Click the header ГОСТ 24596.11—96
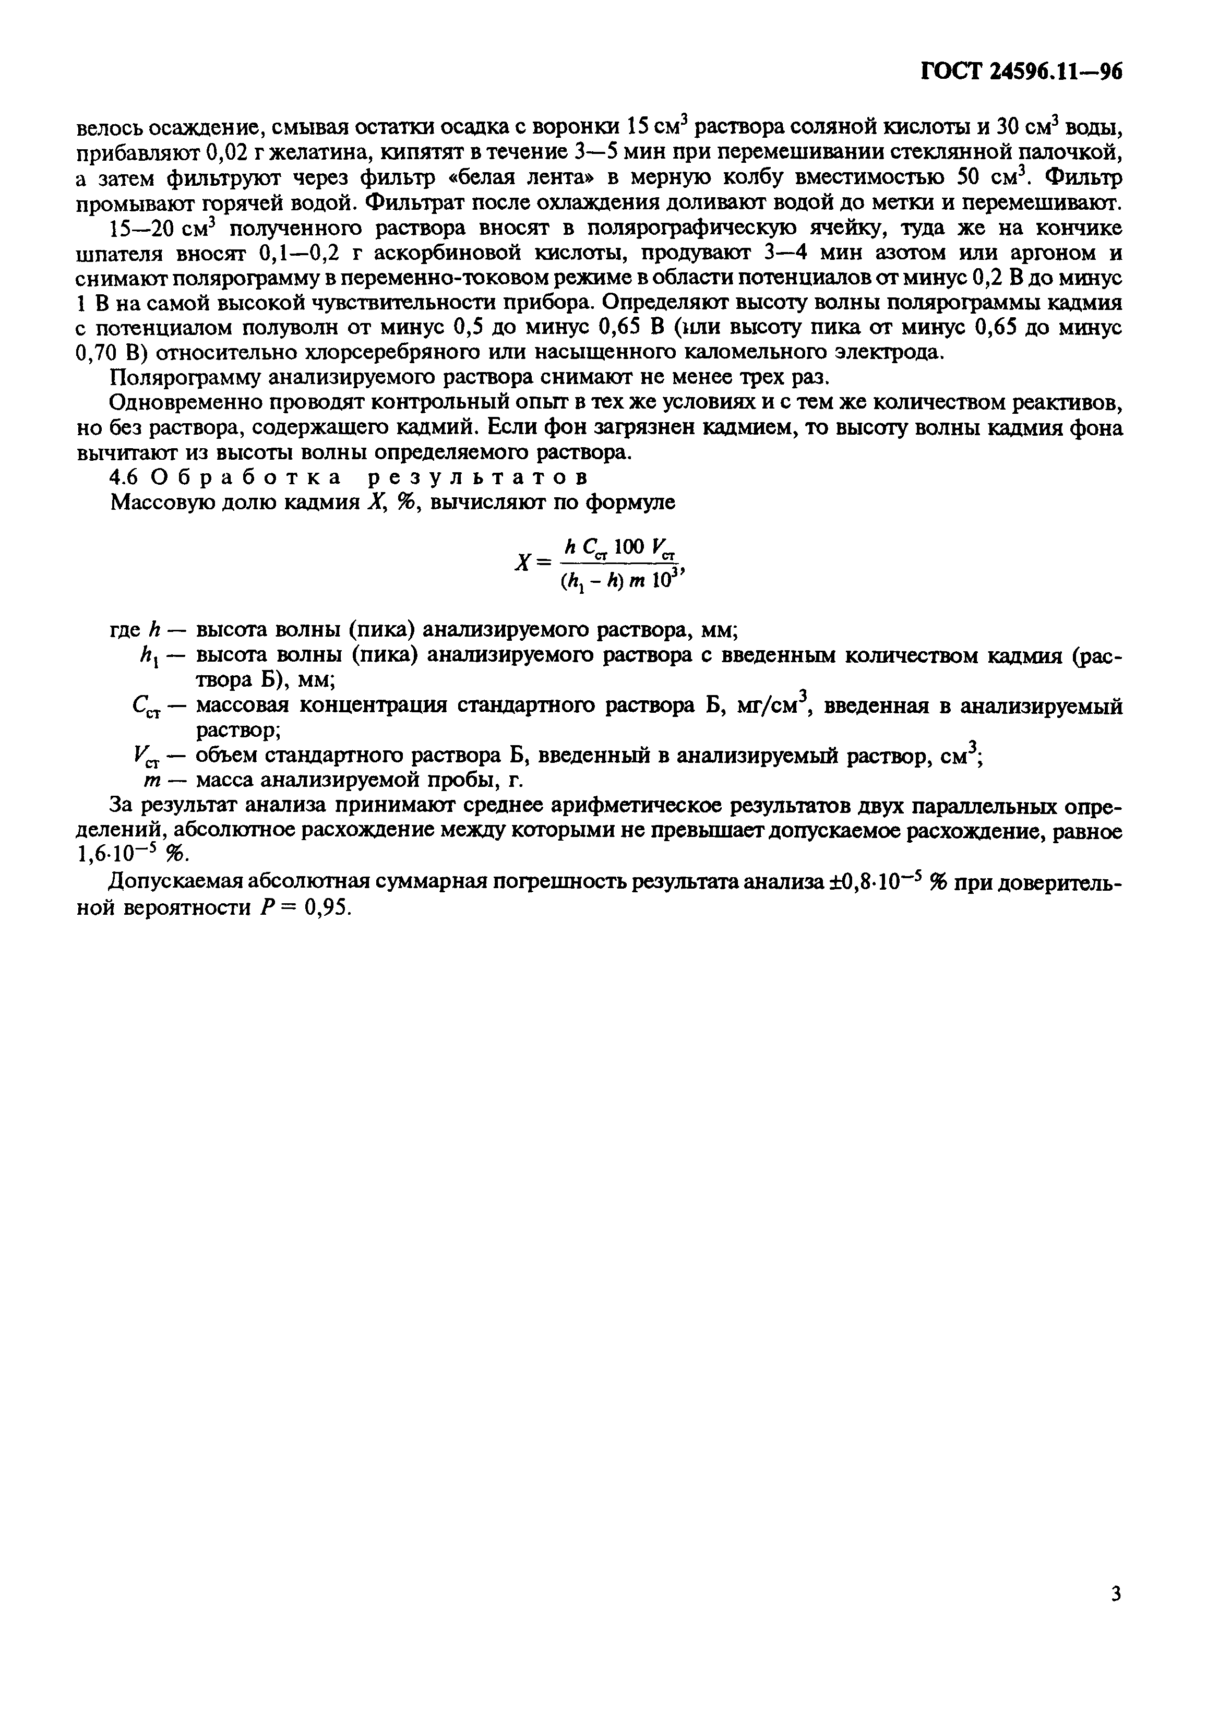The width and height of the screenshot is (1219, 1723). pyautogui.click(x=1020, y=71)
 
